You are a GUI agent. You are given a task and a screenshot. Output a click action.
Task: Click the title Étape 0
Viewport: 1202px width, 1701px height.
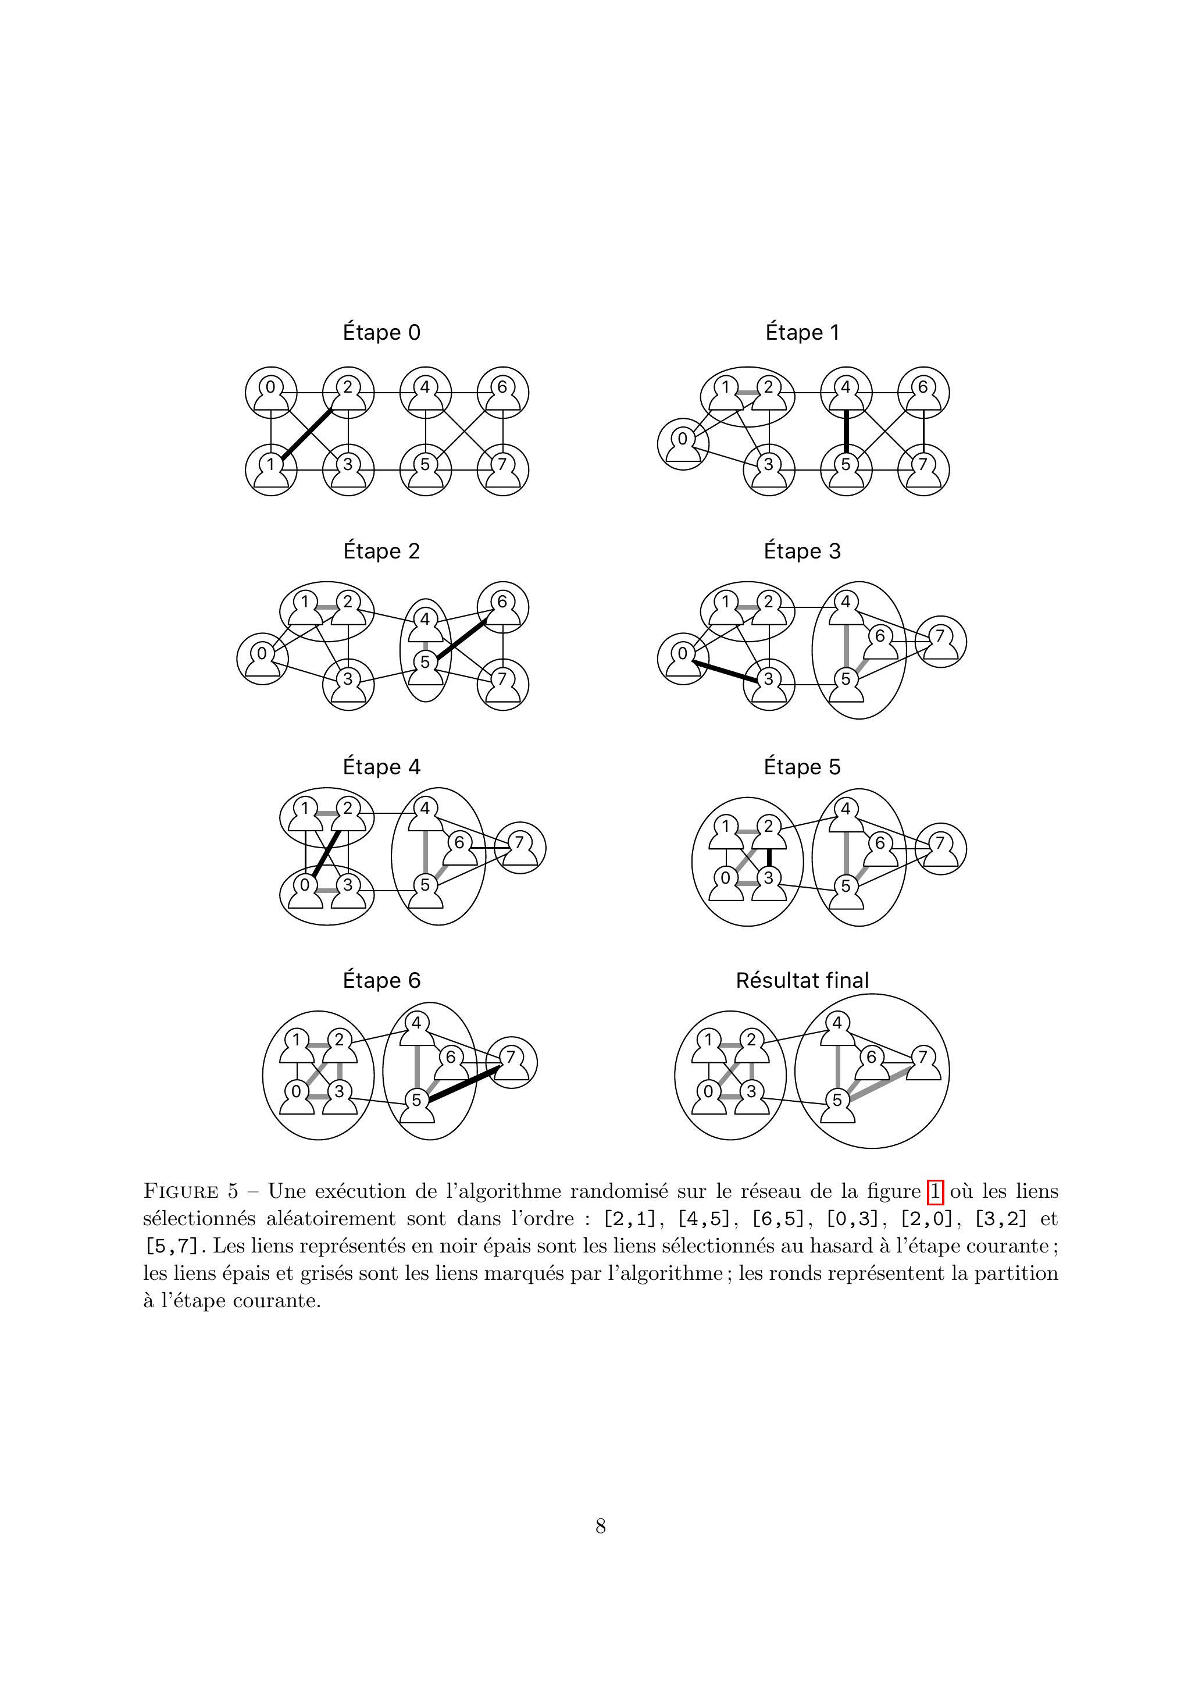point(381,333)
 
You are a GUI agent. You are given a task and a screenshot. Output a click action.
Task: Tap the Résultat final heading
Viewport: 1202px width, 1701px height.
point(802,980)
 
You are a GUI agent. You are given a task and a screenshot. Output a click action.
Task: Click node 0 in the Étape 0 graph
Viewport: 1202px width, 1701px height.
point(271,392)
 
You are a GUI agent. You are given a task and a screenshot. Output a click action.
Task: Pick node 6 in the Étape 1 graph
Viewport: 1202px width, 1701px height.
point(923,392)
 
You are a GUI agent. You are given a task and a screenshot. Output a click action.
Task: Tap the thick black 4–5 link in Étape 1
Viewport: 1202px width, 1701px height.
point(845,430)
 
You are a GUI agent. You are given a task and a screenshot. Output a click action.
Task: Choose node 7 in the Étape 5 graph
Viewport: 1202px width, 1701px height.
point(940,848)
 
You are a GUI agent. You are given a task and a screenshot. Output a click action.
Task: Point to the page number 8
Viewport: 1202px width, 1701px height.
point(601,1525)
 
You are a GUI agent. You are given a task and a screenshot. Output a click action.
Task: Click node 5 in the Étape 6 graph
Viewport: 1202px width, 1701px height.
point(417,1106)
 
